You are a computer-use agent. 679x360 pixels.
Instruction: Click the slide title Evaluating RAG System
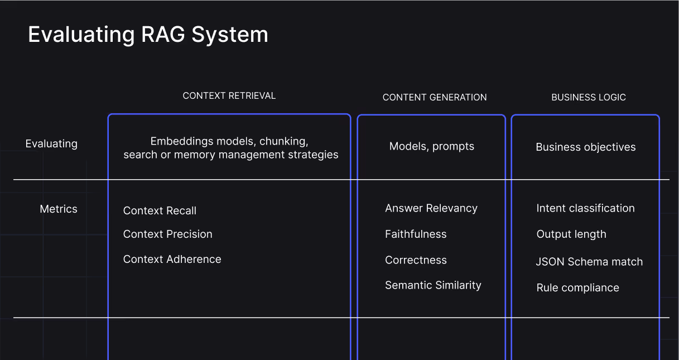pos(148,35)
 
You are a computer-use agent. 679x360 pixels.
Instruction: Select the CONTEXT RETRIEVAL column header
pos(229,95)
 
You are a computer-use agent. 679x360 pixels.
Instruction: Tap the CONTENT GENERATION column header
pos(435,97)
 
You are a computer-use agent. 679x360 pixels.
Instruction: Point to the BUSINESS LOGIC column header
pos(589,97)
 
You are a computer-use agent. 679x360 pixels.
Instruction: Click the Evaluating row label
pos(51,144)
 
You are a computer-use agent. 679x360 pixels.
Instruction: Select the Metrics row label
pos(59,209)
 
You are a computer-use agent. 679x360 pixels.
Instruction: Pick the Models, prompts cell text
pos(432,146)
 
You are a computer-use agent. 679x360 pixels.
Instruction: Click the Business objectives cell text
pos(586,147)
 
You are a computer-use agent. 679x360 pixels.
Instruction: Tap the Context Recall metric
pos(160,211)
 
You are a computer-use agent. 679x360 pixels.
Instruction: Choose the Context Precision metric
pos(168,234)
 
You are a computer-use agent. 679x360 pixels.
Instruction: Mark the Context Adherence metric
pos(172,259)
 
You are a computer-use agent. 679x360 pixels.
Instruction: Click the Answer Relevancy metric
pos(431,208)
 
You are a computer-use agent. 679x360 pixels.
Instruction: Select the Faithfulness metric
pos(416,234)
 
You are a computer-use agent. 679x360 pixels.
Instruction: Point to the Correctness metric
pos(416,260)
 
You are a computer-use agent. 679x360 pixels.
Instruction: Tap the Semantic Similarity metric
pos(433,285)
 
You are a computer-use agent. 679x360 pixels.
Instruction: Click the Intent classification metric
pos(586,208)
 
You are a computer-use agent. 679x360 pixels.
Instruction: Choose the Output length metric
pos(571,234)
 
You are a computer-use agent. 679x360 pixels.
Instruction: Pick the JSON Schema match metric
pos(590,262)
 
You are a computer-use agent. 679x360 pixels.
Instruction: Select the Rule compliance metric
pos(578,288)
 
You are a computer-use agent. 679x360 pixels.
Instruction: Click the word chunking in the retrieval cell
pos(284,141)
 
